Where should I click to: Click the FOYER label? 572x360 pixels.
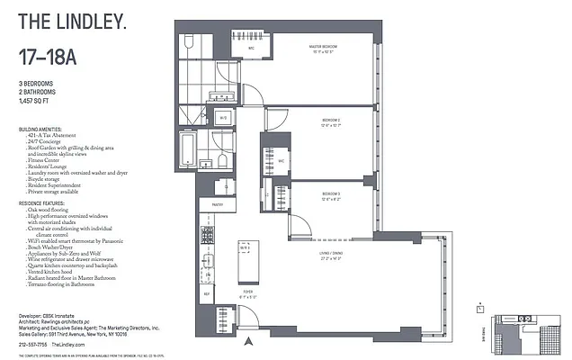[x=247, y=292]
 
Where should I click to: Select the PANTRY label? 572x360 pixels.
[x=217, y=205]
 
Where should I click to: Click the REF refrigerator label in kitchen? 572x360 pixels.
[x=206, y=293]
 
